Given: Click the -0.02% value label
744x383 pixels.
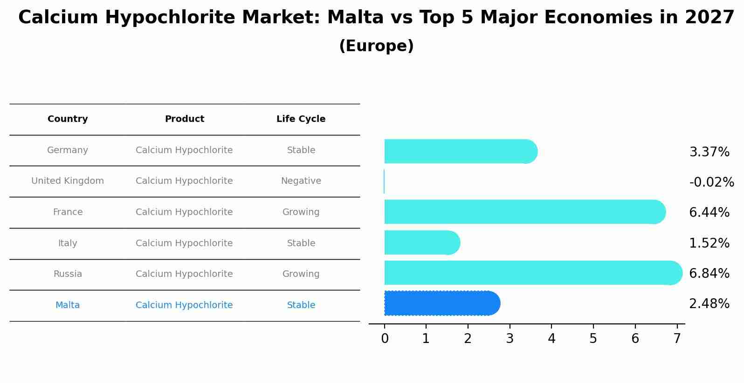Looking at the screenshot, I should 711,182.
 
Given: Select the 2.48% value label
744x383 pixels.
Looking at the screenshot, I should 709,304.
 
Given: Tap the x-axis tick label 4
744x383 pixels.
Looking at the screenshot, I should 551,339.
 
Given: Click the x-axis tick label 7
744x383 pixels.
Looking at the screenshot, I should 677,339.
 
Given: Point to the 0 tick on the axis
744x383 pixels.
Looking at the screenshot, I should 385,339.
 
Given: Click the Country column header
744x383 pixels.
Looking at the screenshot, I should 68,119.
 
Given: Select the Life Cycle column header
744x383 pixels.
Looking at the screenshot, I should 301,119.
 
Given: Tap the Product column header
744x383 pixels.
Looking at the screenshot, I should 184,119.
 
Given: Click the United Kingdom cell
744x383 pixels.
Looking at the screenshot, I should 68,181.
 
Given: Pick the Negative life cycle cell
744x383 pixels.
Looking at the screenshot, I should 301,181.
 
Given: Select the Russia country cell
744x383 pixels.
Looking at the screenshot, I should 68,274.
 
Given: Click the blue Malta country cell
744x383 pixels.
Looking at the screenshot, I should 68,305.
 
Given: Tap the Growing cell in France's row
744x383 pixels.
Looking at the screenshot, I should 301,212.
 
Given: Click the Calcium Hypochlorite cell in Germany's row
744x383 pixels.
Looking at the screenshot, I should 184,150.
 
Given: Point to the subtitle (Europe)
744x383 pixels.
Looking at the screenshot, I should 376,46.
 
